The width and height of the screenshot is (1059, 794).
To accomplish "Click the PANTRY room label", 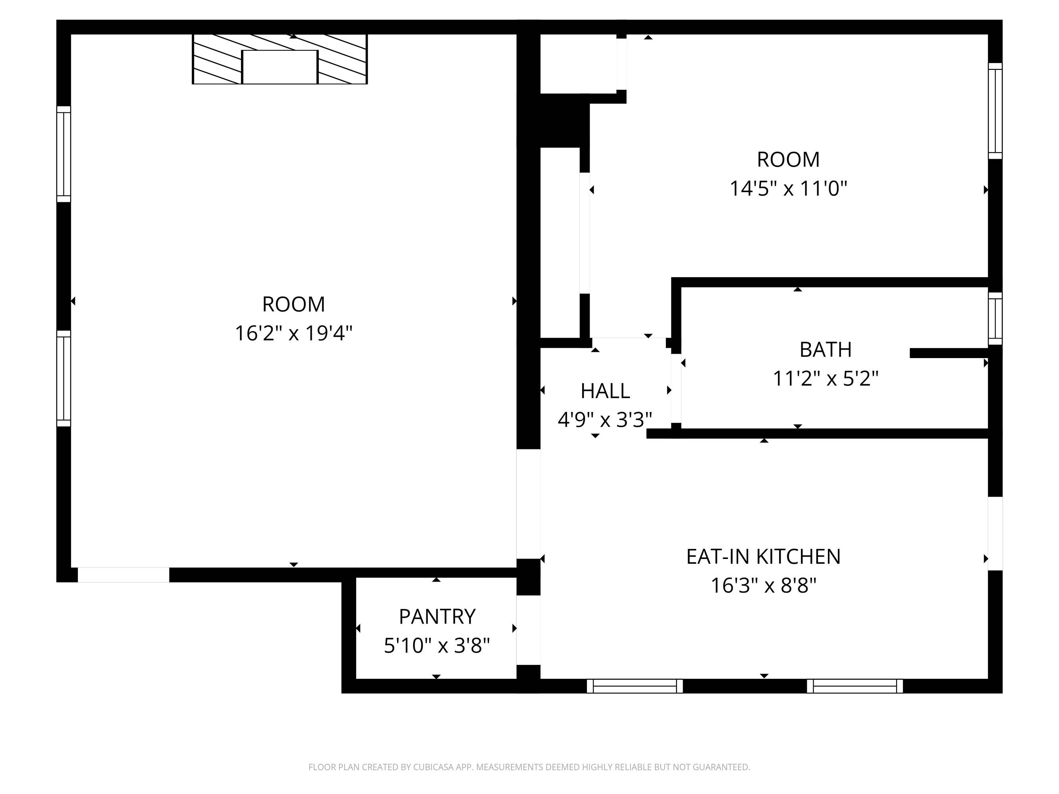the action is [x=437, y=617].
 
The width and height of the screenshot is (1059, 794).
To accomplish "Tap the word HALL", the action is [x=605, y=391].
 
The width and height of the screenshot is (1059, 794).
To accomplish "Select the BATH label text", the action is [x=826, y=350].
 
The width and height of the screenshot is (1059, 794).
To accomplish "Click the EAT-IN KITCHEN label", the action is [x=764, y=557].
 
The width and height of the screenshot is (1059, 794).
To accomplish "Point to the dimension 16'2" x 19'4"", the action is [x=293, y=333].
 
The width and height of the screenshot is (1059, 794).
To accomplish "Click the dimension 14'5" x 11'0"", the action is [x=788, y=189].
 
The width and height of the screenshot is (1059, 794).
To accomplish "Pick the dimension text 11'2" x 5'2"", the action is [x=826, y=379].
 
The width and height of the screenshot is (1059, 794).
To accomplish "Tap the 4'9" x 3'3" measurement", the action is [x=605, y=420].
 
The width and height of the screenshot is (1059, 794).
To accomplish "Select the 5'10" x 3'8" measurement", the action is [x=437, y=646].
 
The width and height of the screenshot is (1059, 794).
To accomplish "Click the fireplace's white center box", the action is [x=280, y=67].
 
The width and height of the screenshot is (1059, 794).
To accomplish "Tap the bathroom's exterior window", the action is [x=995, y=318].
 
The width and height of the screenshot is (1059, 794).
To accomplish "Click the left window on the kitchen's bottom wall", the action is [x=635, y=686].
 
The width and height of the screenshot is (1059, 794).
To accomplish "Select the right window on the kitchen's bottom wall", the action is [x=855, y=686].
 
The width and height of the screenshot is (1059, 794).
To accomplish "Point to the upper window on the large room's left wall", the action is [x=64, y=154].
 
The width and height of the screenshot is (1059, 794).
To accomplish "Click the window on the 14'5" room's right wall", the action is [x=995, y=111].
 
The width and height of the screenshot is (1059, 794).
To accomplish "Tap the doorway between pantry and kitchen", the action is [x=529, y=630].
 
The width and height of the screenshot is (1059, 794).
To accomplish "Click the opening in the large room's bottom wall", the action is [x=123, y=575].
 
